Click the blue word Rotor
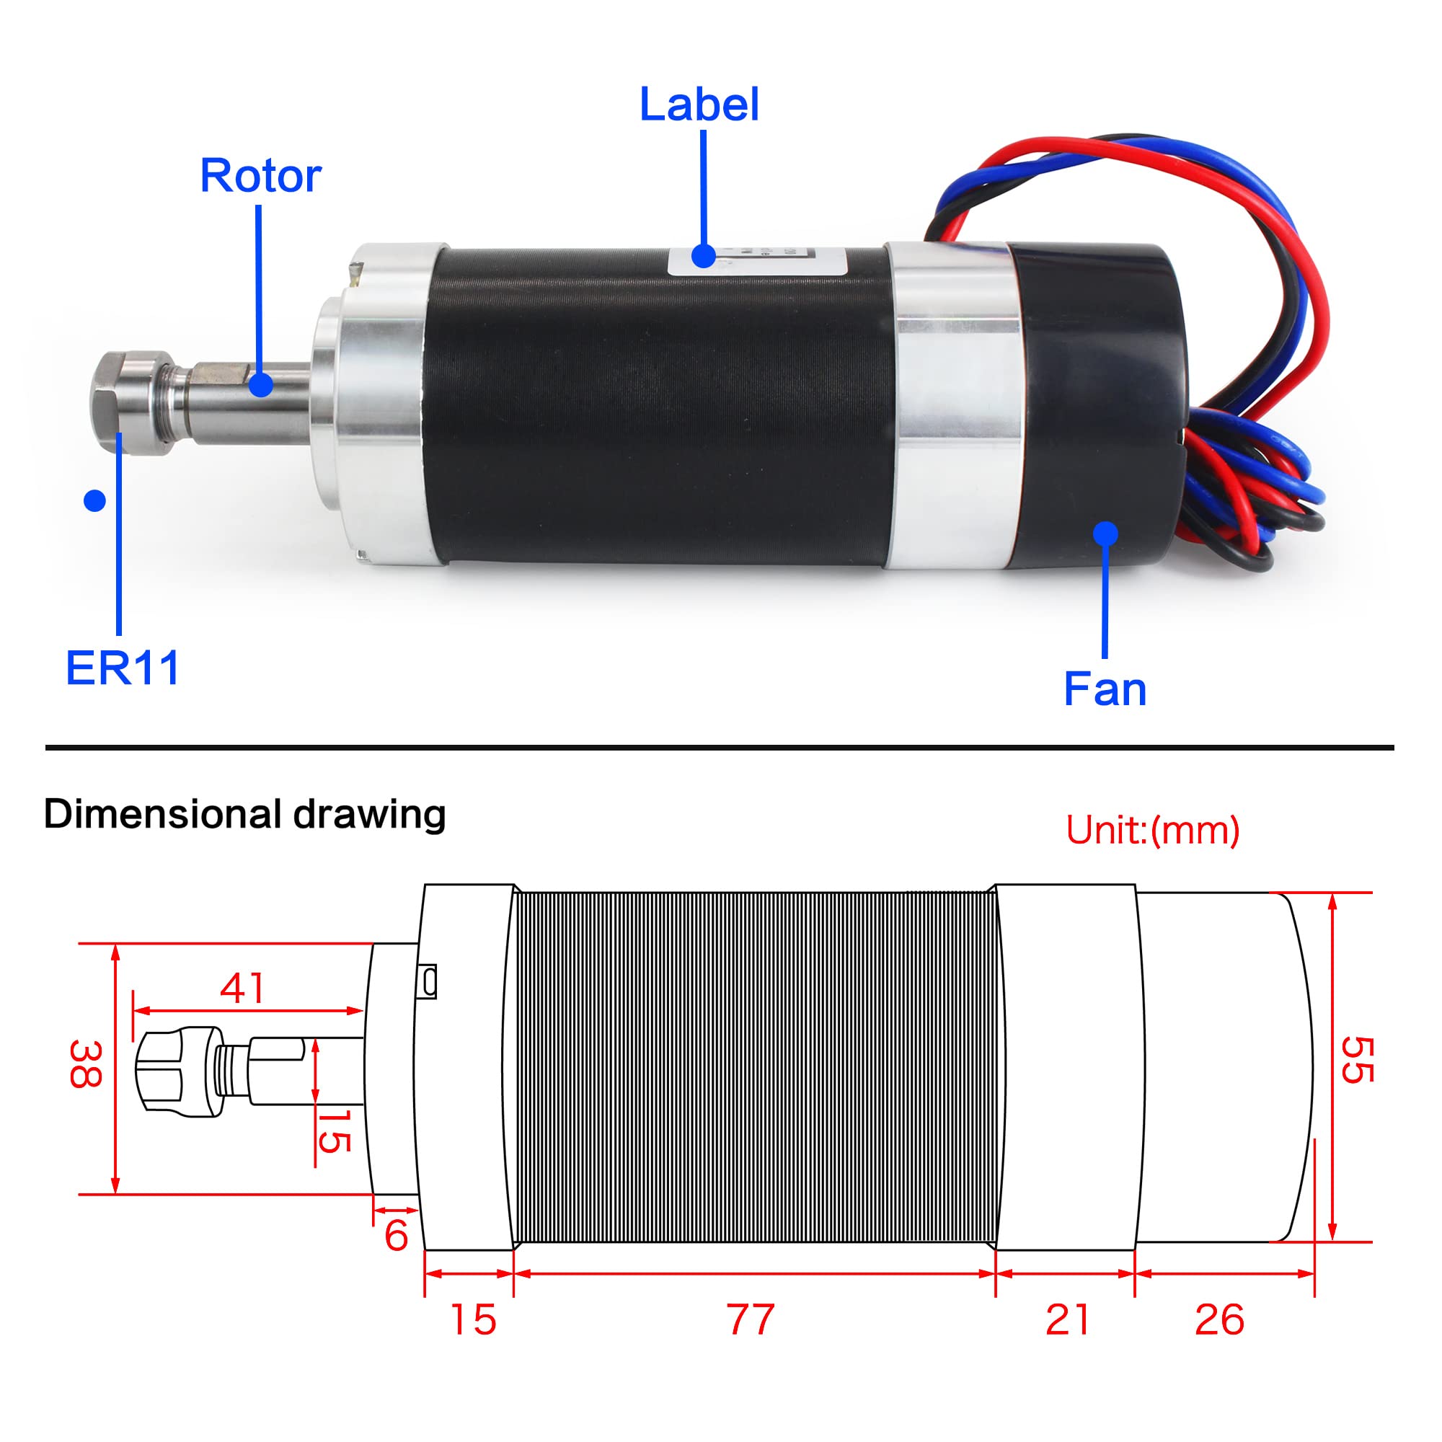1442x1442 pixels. click(x=260, y=176)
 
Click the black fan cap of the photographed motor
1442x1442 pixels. click(x=1097, y=403)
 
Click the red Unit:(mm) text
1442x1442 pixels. click(x=1152, y=830)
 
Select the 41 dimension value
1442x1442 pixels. click(x=242, y=989)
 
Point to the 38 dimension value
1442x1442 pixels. click(x=85, y=1064)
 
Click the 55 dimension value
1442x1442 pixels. click(x=1356, y=1060)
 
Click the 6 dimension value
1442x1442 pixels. click(x=397, y=1235)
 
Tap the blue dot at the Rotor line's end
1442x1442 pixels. click(x=260, y=385)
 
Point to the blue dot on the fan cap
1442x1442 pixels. click(x=1105, y=534)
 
